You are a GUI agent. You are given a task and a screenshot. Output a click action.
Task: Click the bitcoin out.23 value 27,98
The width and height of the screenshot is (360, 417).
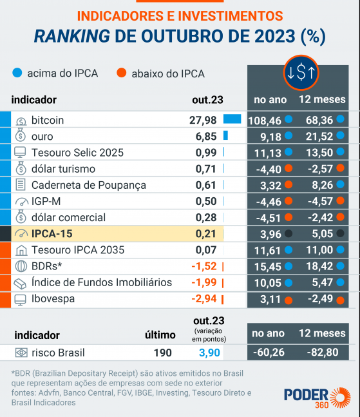coord(203,120)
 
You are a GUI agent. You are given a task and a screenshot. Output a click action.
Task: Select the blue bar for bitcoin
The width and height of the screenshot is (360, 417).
coord(232,119)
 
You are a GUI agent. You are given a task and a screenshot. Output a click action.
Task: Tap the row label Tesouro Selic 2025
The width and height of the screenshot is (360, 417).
coord(77,153)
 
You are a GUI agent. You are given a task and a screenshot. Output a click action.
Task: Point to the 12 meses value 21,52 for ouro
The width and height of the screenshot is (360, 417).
coord(319,136)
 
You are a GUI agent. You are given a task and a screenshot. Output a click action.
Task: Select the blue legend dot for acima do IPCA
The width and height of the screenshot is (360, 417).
coord(17,73)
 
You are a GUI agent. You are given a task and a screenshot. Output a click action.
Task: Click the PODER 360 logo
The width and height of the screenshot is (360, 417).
coord(317,396)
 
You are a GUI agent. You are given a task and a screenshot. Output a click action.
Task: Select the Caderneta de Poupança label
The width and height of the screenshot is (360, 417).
coord(89,185)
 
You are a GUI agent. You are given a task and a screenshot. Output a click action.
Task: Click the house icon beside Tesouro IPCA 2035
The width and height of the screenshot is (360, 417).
coord(21,250)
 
